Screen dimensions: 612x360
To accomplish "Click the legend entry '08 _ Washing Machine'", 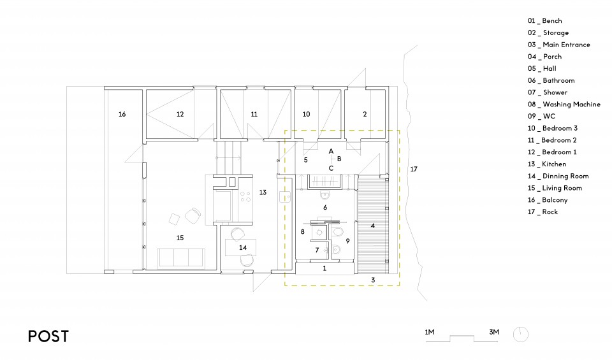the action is [x=564, y=104].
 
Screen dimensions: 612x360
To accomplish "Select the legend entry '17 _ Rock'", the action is [x=543, y=212].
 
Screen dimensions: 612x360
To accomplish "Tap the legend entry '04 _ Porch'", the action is [x=544, y=57].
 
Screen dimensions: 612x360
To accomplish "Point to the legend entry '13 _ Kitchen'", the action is [x=547, y=164].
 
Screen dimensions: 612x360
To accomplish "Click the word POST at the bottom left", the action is [x=48, y=336].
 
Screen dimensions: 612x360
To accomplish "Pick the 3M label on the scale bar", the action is [x=493, y=332].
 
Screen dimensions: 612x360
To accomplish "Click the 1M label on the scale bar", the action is [x=429, y=332].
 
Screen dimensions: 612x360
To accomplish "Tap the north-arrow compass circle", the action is [x=521, y=335].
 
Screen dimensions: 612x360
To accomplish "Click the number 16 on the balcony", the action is [x=122, y=114].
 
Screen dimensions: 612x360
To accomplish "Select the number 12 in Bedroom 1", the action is [x=180, y=114].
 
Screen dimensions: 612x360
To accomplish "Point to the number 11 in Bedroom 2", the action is [x=254, y=114].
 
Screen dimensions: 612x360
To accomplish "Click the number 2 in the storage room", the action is [x=365, y=114].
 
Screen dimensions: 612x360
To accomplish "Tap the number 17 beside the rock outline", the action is [x=414, y=169].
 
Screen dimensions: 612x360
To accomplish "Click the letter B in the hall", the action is [x=339, y=159].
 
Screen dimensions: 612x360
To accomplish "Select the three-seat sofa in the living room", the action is [x=180, y=258].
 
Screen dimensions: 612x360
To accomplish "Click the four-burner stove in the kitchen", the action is [x=245, y=197].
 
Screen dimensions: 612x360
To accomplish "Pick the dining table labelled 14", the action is [x=240, y=247].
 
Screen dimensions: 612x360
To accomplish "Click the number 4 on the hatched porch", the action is [x=373, y=226].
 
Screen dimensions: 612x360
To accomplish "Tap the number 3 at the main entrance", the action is [x=373, y=280].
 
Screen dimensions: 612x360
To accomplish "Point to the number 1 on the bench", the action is [x=324, y=268].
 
